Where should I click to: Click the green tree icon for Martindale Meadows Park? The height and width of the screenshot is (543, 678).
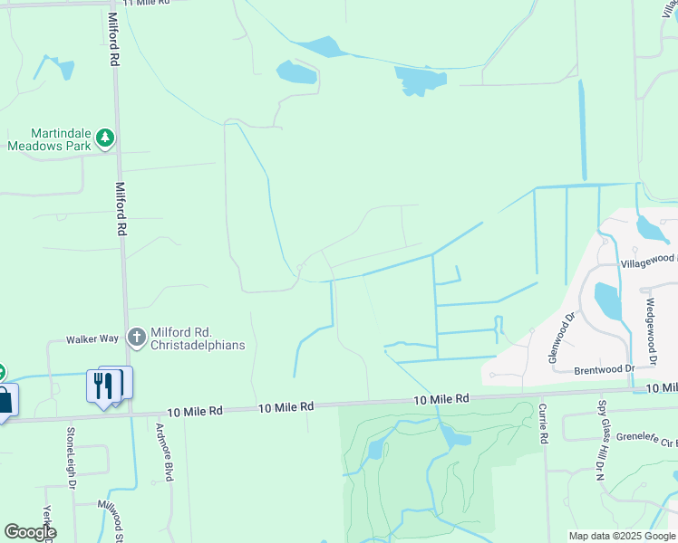click(106, 137)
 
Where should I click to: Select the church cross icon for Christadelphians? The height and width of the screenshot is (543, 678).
click(137, 338)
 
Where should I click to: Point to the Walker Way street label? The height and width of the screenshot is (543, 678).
click(92, 338)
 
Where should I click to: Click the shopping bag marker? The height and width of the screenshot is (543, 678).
click(5, 400)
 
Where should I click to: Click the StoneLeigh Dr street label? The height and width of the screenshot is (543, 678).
click(72, 458)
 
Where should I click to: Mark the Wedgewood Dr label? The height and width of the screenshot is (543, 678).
click(650, 329)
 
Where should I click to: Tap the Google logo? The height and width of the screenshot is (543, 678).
click(30, 532)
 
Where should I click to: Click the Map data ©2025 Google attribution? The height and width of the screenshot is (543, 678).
click(621, 536)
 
